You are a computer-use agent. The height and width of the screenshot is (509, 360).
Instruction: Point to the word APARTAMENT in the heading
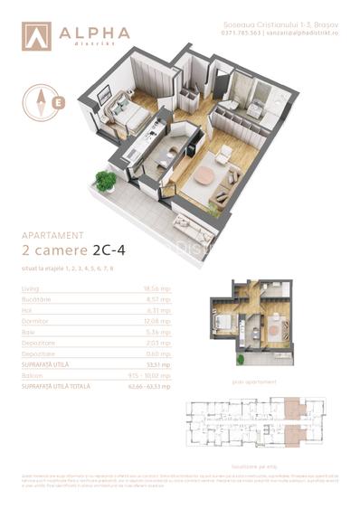pos(52,235)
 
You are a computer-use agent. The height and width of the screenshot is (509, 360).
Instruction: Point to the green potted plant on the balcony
pos(106,182)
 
